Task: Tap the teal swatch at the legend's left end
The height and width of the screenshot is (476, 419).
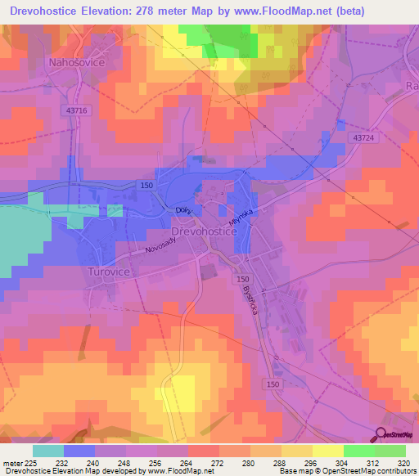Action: [47, 451]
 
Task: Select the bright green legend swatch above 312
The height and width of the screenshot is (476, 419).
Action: [358, 451]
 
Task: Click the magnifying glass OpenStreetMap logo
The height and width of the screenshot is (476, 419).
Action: [381, 434]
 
